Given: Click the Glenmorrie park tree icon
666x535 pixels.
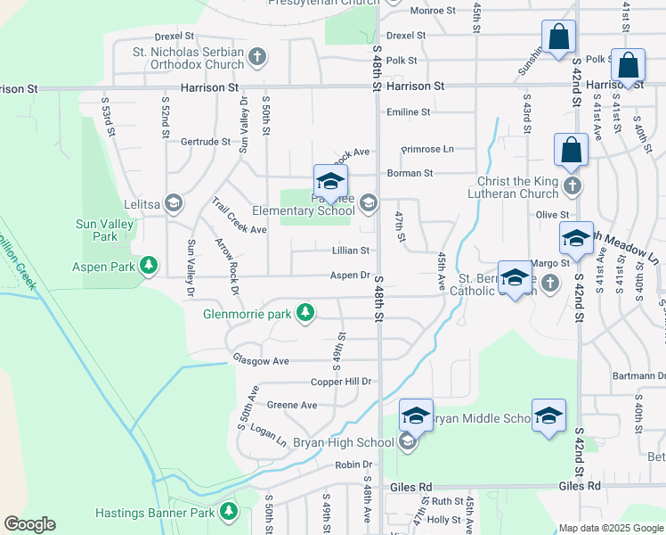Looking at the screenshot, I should [x=305, y=312].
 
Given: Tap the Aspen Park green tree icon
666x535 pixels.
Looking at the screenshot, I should [x=149, y=267].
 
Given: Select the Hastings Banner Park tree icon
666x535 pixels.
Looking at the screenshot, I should [x=230, y=511].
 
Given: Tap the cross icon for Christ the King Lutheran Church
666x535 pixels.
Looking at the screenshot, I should [x=572, y=187].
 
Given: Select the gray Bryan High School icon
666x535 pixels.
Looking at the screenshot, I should [x=407, y=442].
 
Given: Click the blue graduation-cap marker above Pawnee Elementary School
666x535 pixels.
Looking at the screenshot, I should [x=330, y=181].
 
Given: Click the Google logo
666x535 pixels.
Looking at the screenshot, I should [x=29, y=524].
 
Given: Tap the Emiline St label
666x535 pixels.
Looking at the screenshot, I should [x=410, y=112].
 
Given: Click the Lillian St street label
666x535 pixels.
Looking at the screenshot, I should [x=351, y=251].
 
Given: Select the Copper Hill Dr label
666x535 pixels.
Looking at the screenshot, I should [x=340, y=382].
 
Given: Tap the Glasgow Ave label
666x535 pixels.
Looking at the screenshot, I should [x=261, y=360].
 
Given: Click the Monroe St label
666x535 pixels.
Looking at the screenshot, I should [x=433, y=11].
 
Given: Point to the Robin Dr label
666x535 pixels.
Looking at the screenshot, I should [x=353, y=465].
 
